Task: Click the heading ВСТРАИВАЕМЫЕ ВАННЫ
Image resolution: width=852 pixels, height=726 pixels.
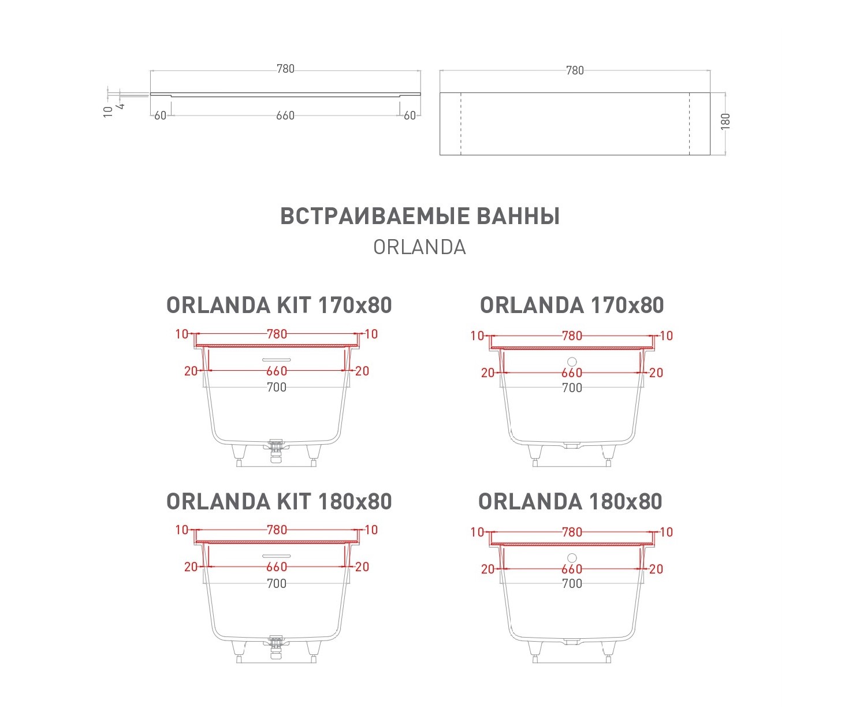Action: [420, 216]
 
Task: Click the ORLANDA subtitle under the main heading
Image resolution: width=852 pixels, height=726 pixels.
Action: [419, 247]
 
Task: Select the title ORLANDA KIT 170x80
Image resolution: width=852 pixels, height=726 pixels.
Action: [279, 305]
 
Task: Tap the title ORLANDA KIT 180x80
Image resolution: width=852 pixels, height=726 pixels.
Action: [279, 501]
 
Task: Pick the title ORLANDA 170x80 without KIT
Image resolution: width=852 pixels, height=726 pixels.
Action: [572, 305]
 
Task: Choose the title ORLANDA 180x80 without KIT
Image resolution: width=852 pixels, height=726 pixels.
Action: [570, 501]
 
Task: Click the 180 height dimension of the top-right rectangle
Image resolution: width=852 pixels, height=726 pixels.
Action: [725, 121]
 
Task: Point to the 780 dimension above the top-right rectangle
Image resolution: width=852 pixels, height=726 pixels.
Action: [575, 70]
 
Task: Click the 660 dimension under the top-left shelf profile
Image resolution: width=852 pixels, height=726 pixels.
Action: [285, 116]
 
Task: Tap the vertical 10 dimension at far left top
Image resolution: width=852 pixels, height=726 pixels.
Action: [108, 111]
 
